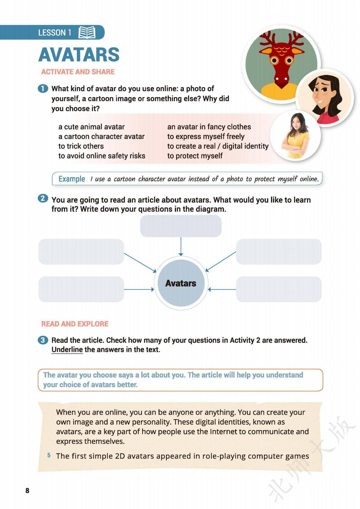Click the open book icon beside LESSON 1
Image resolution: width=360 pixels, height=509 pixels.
pyautogui.click(x=87, y=32)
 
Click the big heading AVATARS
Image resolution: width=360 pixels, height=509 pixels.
pyautogui.click(x=79, y=55)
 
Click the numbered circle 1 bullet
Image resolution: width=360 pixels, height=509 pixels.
pyautogui.click(x=43, y=89)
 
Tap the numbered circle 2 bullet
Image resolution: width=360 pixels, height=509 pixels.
pyautogui.click(x=43, y=199)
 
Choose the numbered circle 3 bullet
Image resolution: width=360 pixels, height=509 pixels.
pyautogui.click(x=43, y=340)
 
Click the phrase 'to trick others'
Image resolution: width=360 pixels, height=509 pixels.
pyautogui.click(x=81, y=146)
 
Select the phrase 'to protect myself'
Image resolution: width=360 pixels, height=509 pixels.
pyautogui.click(x=195, y=156)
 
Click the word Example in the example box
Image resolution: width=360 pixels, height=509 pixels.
pyautogui.click(x=72, y=179)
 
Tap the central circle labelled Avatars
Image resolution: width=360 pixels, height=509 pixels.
pyautogui.click(x=181, y=283)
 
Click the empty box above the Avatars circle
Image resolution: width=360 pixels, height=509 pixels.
pyautogui.click(x=181, y=226)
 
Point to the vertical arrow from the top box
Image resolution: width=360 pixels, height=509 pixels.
pyautogui.click(x=181, y=246)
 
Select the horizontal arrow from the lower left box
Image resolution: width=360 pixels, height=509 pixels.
pyautogui.click(x=139, y=290)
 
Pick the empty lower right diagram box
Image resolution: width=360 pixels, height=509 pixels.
pyautogui.click(x=279, y=289)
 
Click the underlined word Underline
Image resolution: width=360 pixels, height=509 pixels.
pyautogui.click(x=67, y=350)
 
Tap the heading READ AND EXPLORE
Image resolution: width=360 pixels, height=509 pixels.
pyautogui.click(x=75, y=324)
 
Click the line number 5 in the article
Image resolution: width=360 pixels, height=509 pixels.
pyautogui.click(x=49, y=455)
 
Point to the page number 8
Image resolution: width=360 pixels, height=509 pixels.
pyautogui.click(x=27, y=491)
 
